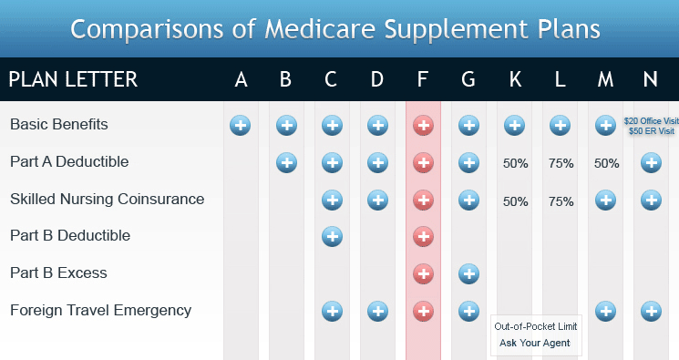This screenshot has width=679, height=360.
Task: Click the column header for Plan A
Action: pos(241,80)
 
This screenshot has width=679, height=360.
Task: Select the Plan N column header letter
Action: pos(650,80)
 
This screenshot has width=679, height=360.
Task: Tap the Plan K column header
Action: pos(514,80)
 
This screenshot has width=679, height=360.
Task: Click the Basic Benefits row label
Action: pos(58,124)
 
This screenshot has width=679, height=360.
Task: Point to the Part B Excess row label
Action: pos(58,273)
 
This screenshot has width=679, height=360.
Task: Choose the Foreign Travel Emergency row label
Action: pos(100,310)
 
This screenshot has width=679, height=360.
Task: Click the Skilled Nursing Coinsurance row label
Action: pos(107,199)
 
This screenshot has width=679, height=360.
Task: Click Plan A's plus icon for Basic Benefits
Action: pos(241,125)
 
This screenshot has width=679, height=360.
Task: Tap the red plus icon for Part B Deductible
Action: pos(423,236)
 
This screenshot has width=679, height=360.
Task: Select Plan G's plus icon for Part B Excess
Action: pos(468,273)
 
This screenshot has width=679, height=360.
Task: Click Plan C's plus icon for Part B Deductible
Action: pos(332,236)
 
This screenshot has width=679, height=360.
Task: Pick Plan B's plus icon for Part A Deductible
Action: pos(286,162)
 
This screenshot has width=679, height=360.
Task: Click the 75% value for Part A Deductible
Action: pos(561,163)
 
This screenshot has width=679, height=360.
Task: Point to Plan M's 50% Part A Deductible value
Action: pos(606,163)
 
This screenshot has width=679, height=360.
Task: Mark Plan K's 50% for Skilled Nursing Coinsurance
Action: pos(515,201)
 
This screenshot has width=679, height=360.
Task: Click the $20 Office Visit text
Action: pos(651,120)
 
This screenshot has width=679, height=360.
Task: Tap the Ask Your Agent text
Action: pos(535,344)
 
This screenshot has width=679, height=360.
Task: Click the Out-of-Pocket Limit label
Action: pos(535,326)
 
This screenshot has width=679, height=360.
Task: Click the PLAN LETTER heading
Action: pos(73,80)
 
